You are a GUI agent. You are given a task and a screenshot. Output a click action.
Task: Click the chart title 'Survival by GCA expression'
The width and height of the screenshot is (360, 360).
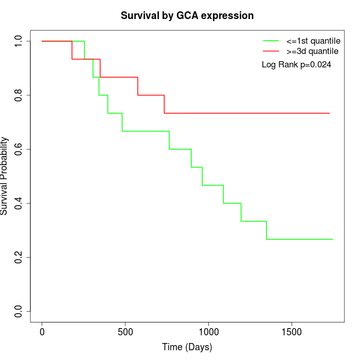pyautogui.click(x=187, y=16)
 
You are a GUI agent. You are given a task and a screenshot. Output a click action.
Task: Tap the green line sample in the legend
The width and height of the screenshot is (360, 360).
pyautogui.click(x=271, y=41)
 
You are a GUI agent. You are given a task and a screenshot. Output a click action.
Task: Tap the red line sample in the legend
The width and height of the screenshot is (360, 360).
pyautogui.click(x=271, y=51)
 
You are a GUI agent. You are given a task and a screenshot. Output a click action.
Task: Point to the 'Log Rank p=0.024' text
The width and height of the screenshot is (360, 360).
pyautogui.click(x=296, y=65)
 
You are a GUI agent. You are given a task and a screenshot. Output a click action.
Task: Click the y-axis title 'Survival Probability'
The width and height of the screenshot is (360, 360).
pyautogui.click(x=5, y=176)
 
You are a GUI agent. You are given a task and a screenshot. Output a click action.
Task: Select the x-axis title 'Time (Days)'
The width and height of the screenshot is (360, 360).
pyautogui.click(x=187, y=347)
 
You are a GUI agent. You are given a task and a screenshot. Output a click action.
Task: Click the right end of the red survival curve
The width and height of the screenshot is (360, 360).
pyautogui.click(x=329, y=113)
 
